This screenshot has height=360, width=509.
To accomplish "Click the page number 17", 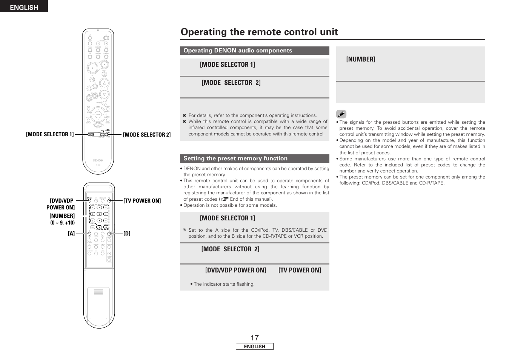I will pos(254,338).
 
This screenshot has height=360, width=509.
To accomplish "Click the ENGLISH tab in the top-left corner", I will pos(24,7).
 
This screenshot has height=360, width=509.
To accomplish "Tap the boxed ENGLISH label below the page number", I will pos(254,347).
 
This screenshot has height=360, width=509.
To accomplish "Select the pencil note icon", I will pos(341,114).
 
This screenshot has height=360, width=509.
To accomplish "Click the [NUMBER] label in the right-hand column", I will pos(361,59).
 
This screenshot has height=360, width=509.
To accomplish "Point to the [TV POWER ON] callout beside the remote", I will pos(142,201).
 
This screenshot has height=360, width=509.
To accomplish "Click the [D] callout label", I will pos(127,234).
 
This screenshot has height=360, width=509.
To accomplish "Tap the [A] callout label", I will pos(71,234).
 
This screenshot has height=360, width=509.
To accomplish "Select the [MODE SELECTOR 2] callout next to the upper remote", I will pos(147,135).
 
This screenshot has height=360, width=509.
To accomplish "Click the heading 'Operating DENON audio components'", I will pos(238,51).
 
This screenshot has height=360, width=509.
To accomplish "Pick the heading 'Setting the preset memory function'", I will pos(235,158).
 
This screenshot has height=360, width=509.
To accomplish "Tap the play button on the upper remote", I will pos(92,68).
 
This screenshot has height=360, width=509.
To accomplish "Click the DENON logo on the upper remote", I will pos(98,160).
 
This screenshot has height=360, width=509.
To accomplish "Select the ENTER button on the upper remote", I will pos(98,115).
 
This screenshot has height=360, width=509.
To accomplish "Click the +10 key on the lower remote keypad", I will pos(106,227).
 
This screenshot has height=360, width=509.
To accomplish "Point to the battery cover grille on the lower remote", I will pos(98,292).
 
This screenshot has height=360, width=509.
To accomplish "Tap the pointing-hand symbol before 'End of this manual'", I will pos(225,199).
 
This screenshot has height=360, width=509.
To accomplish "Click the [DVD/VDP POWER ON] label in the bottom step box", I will pos(235,270).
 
